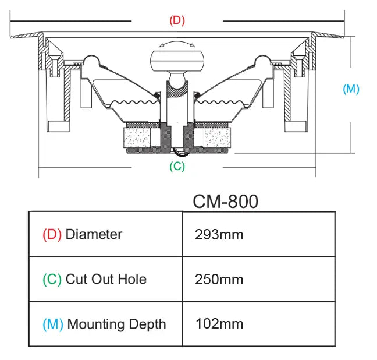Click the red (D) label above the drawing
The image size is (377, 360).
177,20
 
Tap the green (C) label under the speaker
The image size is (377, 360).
177,166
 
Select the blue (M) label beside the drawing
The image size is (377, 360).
351,89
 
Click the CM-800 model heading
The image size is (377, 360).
225,202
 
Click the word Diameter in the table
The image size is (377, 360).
94,234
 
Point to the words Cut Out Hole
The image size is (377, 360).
106,279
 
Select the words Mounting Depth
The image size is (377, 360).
116,324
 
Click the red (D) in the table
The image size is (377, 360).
52,234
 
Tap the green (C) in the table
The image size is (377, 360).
52,279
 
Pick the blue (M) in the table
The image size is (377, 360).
53,324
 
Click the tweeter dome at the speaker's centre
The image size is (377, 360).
176,61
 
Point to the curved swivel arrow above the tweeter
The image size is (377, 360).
176,44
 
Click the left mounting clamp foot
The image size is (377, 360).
59,126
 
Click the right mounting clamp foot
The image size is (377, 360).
295,126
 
